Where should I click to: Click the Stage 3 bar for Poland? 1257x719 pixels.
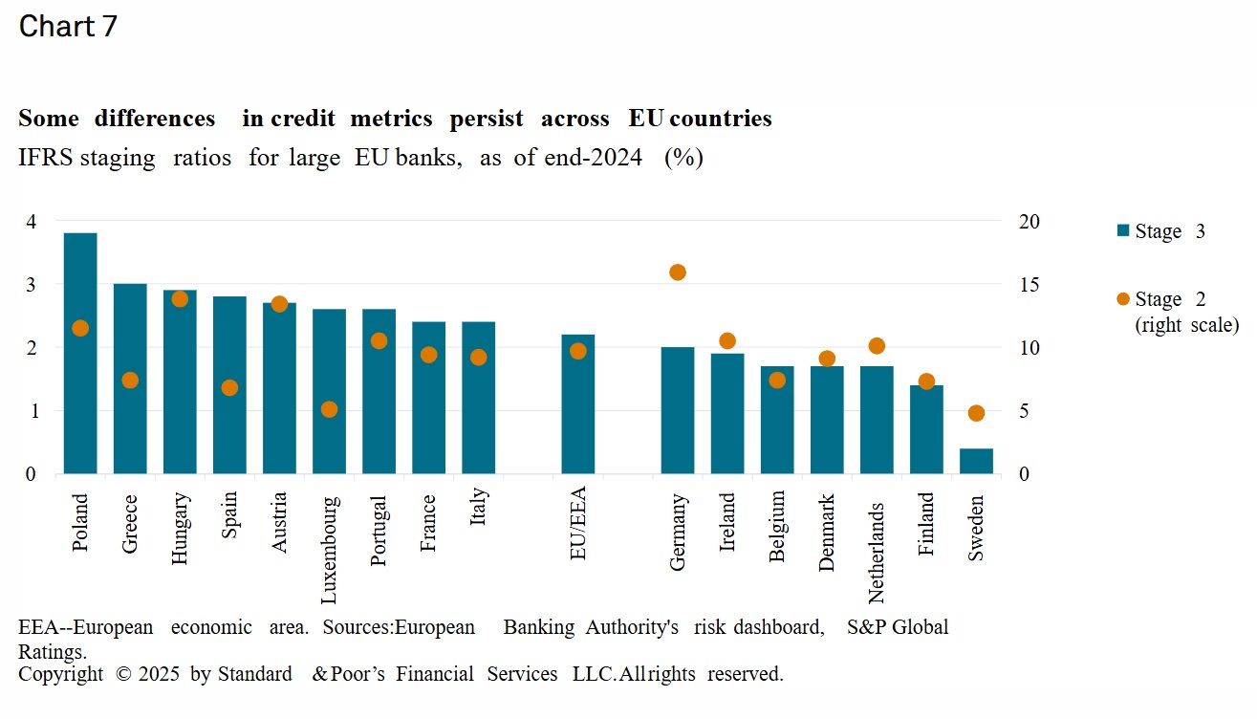(80, 354)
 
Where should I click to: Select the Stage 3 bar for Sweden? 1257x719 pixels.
(976, 461)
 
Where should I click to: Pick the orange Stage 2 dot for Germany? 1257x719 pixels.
(678, 272)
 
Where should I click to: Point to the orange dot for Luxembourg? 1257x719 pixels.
(329, 409)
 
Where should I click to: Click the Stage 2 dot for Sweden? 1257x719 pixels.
(976, 413)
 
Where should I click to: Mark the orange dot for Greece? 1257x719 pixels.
(130, 380)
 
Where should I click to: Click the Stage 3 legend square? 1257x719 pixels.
(1123, 230)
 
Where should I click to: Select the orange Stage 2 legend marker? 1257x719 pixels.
(1123, 299)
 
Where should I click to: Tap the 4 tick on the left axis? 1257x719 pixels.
(31, 222)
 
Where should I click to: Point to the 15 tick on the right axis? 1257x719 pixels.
(1029, 285)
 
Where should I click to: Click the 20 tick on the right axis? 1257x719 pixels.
(1029, 222)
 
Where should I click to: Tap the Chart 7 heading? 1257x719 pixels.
(68, 27)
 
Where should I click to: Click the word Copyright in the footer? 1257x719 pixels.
(60, 674)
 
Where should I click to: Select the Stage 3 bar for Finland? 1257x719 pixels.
(926, 429)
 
